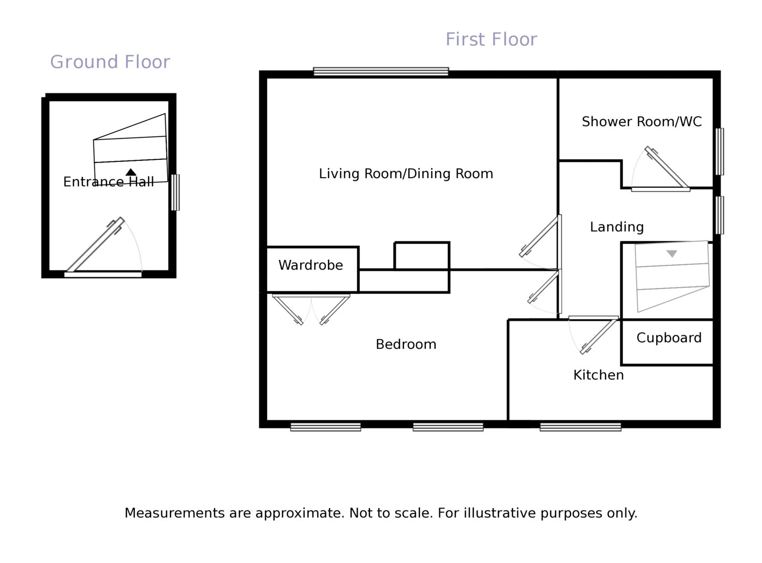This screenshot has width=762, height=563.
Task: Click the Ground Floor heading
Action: click(x=110, y=62)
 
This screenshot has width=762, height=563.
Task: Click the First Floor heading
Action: click(x=491, y=39)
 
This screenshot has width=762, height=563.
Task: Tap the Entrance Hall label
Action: click(x=109, y=182)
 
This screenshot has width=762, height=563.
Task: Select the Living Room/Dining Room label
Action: click(x=405, y=174)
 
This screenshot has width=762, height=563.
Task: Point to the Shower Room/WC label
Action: click(x=642, y=122)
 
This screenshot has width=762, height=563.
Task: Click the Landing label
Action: click(x=617, y=227)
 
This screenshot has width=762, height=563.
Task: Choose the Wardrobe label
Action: click(x=311, y=265)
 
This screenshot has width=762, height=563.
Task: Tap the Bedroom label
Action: click(x=405, y=344)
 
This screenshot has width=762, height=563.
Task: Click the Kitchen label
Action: click(x=599, y=375)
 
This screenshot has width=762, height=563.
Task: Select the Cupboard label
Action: click(x=669, y=338)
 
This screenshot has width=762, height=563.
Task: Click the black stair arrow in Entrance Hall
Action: click(x=131, y=172)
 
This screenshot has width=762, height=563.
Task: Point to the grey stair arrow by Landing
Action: click(x=671, y=254)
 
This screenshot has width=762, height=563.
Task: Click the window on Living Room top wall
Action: click(x=381, y=72)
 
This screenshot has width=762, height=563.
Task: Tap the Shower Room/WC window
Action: click(x=720, y=152)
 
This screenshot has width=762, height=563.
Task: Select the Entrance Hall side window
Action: click(x=175, y=193)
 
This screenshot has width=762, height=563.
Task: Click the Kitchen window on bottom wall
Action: click(x=580, y=427)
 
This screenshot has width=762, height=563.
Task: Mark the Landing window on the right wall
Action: click(x=720, y=215)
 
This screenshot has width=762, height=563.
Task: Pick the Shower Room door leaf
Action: click(x=666, y=168)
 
